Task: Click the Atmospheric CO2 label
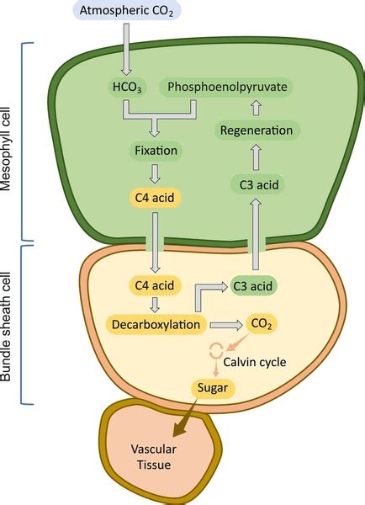pos(127,12)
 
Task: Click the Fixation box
pos(154,152)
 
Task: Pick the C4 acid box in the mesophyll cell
pos(154,199)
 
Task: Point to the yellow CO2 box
pos(259,323)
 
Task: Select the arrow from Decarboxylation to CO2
pos(223,323)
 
